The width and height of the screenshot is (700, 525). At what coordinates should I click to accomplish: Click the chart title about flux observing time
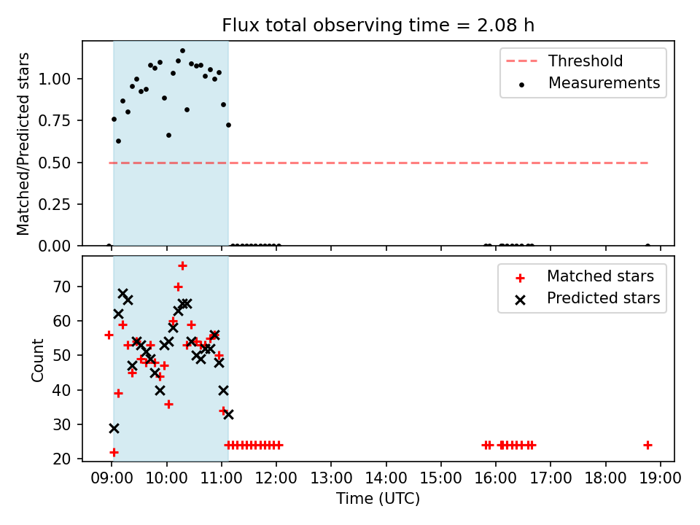378,25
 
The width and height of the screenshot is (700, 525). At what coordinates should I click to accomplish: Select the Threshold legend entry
564,61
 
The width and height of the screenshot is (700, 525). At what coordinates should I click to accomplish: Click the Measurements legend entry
585,83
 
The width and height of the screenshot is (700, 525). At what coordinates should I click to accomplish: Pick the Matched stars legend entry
584,276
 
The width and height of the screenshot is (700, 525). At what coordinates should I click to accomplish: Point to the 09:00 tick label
112,478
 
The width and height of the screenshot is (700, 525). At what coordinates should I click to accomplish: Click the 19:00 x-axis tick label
661,478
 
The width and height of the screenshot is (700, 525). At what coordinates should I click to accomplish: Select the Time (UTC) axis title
378,498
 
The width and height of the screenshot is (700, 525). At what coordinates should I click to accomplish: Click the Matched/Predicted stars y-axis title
23,144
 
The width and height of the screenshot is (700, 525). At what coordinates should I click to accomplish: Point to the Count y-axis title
37,360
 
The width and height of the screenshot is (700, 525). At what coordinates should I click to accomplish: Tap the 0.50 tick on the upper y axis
55,163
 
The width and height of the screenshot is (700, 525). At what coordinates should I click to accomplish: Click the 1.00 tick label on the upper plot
55,79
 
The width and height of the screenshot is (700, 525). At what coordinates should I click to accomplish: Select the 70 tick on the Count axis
62,287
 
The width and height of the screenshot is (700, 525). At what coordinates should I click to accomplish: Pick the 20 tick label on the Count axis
62,459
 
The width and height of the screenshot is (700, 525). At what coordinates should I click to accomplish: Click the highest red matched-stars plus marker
182,266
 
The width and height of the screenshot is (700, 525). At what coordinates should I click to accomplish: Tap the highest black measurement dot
182,51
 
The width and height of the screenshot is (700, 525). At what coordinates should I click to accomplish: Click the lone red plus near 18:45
647,445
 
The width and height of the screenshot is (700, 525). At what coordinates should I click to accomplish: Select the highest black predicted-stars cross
122,293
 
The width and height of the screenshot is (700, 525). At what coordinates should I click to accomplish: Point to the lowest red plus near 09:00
114,452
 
